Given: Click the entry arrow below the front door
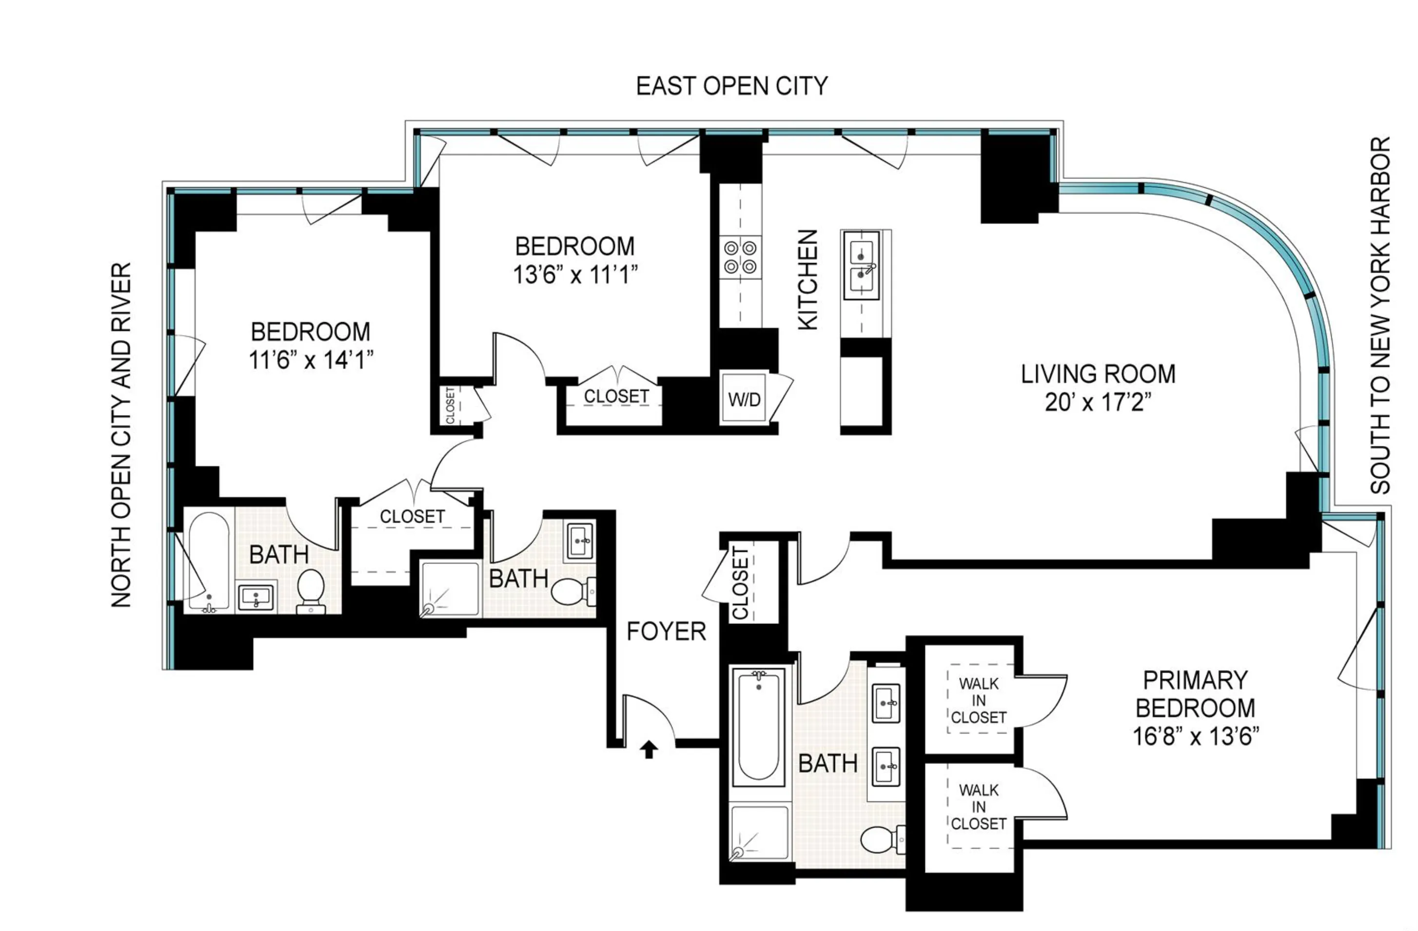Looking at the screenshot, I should tap(649, 749).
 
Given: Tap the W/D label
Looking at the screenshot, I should tap(744, 399).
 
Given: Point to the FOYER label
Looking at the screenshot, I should tap(666, 631).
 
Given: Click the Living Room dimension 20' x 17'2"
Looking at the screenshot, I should tap(1098, 403).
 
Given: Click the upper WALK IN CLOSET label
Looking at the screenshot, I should tap(978, 700).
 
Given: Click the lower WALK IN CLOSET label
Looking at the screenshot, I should tap(978, 807).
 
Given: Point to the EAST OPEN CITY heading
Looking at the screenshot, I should tap(731, 86).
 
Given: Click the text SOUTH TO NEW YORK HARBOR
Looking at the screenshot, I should tap(1380, 316).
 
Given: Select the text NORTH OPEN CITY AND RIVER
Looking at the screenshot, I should tap(121, 435).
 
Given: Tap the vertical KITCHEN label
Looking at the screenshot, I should tap(807, 280).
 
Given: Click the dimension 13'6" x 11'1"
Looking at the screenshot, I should tap(575, 276).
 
